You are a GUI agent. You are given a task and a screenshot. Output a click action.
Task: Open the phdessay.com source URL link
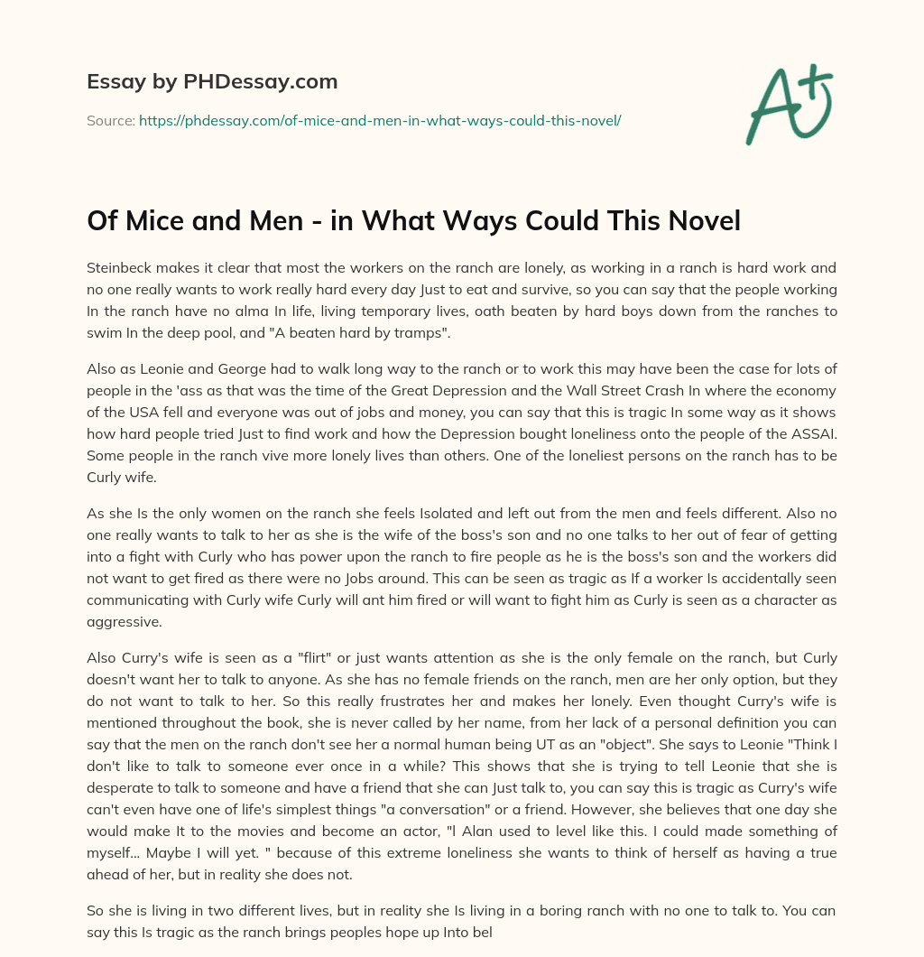(x=380, y=120)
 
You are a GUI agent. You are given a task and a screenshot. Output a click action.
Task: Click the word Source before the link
(x=110, y=120)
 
